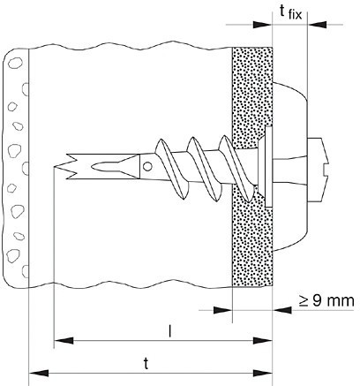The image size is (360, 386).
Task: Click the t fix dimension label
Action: tap(290, 12)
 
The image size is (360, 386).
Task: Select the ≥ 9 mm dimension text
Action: tap(326, 301)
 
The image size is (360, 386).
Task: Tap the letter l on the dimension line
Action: tap(169, 331)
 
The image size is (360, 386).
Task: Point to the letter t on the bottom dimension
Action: tap(146, 364)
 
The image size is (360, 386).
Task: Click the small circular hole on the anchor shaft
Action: tap(147, 167)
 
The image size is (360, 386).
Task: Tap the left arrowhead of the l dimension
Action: tap(64, 341)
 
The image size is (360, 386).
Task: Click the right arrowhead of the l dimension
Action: tap(263, 341)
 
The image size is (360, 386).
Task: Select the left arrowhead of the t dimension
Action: tap(39, 374)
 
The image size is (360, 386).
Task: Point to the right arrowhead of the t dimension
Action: tap(263, 374)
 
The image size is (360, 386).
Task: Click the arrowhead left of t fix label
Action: tap(263, 25)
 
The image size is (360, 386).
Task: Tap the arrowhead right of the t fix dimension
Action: tap(317, 25)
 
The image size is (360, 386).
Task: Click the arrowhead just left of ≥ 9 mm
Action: tap(282, 310)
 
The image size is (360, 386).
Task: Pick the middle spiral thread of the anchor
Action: tap(204, 169)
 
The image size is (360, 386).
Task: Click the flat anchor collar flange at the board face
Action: tap(268, 166)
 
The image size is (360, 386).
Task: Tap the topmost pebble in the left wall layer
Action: tap(15, 63)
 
